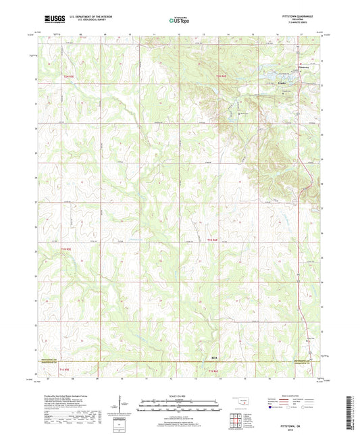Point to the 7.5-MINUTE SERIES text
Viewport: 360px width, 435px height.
[299, 24]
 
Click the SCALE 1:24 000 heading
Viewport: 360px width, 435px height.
[180, 396]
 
